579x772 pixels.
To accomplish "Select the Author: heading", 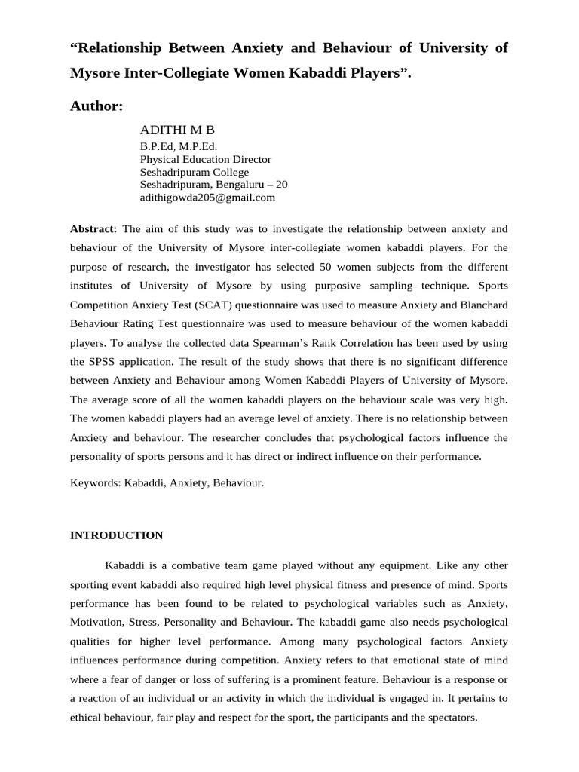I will (x=96, y=106).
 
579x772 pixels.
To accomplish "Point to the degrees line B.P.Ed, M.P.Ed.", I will (x=179, y=146).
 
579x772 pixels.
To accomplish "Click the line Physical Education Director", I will (x=206, y=159).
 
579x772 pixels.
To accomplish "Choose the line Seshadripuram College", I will (x=195, y=172).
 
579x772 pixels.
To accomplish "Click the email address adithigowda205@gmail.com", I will (x=207, y=198).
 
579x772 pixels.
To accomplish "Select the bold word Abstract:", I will (x=93, y=228).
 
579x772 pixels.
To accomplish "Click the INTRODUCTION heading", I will (x=116, y=535).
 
